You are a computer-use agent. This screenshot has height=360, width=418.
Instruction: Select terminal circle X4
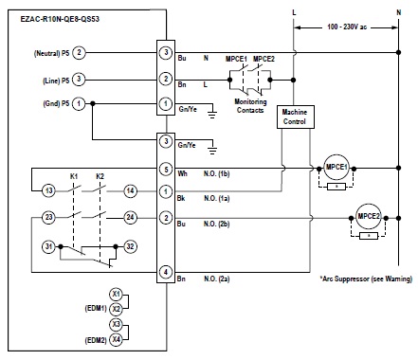click(116, 339)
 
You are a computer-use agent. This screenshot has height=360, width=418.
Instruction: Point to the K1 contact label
click(74, 176)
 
